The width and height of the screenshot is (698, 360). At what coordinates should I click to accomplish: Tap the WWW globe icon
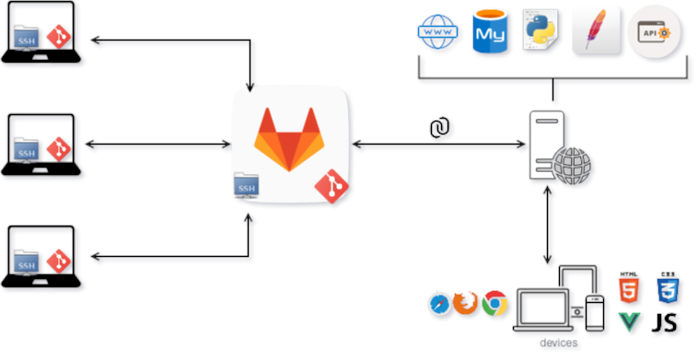(438, 35)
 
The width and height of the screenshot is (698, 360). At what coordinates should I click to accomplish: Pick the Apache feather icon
(595, 32)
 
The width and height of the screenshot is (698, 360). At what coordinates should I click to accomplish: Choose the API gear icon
(655, 34)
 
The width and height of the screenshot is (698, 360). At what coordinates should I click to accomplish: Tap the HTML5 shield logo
(630, 289)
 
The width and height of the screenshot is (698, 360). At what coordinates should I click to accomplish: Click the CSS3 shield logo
(668, 289)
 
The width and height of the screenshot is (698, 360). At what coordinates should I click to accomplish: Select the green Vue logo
(630, 322)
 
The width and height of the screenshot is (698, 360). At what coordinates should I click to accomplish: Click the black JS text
(666, 322)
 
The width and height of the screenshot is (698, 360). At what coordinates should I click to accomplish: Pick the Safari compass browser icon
(439, 303)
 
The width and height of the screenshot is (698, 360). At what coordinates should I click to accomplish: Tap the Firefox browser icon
(466, 303)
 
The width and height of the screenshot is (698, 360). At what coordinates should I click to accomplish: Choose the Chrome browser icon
(494, 303)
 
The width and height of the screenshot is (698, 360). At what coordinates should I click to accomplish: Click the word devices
(559, 343)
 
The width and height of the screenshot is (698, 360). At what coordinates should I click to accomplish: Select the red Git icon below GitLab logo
(332, 187)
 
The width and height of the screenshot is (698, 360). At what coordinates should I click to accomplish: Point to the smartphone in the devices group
(595, 312)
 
